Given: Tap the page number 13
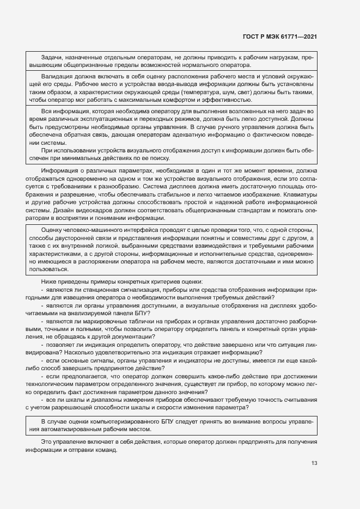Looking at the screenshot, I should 314,463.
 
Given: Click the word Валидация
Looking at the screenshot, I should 57,77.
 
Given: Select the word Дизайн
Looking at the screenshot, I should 70,210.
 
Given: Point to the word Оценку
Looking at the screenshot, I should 53,230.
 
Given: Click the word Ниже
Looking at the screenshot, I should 49,281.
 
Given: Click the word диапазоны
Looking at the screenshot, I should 99,400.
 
